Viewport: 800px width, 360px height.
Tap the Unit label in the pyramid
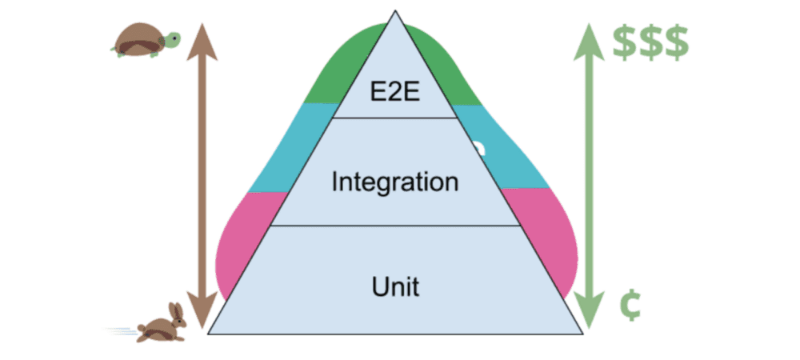point(395,286)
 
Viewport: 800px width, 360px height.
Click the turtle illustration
point(145,40)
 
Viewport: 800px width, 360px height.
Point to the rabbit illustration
point(162,323)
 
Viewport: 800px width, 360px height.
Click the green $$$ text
point(650,43)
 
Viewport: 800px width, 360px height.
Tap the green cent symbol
point(631,306)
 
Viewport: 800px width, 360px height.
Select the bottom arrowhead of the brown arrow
point(204,309)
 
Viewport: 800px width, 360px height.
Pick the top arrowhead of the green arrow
point(590,34)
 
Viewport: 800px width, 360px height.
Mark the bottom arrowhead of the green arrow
point(590,310)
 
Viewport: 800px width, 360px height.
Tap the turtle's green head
point(172,38)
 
